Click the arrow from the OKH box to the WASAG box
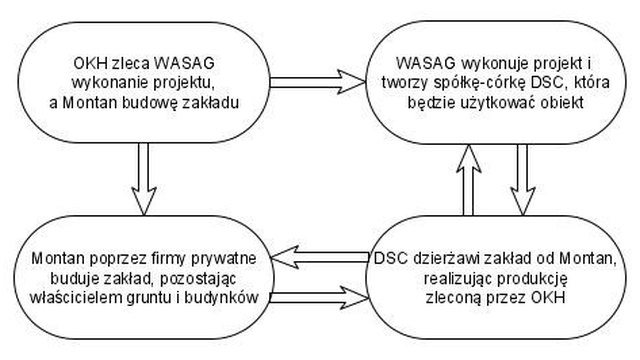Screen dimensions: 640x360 pos(317,82)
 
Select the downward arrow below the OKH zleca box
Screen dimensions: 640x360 pos(144,179)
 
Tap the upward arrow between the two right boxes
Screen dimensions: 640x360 pos(469,180)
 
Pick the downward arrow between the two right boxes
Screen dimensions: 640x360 pos(522,180)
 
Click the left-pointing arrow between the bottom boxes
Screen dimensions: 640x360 pos(320,257)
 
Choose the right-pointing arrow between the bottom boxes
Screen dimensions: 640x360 pos(319,298)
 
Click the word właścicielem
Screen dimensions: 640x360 pos(74,298)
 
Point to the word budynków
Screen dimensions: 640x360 pos(222,298)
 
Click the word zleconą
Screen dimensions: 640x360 pos(452,298)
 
